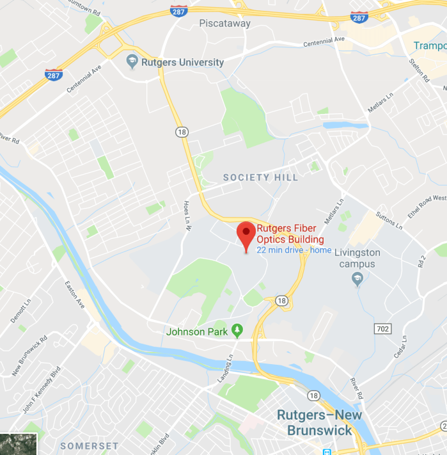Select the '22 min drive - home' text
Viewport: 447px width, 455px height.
pyautogui.click(x=294, y=250)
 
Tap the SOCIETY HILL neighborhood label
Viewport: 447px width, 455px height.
pyautogui.click(x=260, y=177)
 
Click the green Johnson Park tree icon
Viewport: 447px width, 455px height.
pyautogui.click(x=237, y=330)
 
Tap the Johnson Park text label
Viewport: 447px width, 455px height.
pyautogui.click(x=196, y=331)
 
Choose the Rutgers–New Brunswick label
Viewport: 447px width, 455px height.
pyautogui.click(x=319, y=422)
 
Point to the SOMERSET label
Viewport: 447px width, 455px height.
pyautogui.click(x=90, y=445)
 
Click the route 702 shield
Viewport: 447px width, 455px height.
pyautogui.click(x=382, y=328)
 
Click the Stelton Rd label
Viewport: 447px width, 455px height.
pyautogui.click(x=419, y=70)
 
